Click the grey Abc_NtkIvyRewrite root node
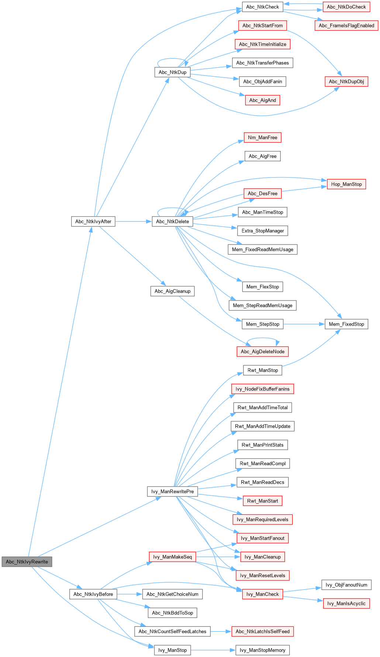[x=27, y=562]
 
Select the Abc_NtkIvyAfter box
[x=93, y=221]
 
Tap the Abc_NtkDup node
[x=173, y=72]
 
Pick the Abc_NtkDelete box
[x=173, y=221]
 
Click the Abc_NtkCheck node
[x=263, y=7]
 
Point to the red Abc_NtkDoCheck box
[x=346, y=7]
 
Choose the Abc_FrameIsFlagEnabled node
[x=346, y=25]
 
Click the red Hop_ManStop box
[x=346, y=184]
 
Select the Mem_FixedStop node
[x=346, y=324]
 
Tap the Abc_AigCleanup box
[x=173, y=291]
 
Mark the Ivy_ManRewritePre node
[x=173, y=491]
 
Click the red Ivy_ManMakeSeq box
[x=173, y=557]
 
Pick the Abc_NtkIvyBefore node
[x=93, y=594]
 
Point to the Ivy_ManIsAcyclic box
[x=346, y=603]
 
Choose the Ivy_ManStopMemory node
[x=263, y=650]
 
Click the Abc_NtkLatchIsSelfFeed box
[x=263, y=631]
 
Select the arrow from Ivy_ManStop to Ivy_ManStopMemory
[x=213, y=650]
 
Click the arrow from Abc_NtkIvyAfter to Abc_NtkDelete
[x=134, y=221]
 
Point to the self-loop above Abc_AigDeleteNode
[x=263, y=338]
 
